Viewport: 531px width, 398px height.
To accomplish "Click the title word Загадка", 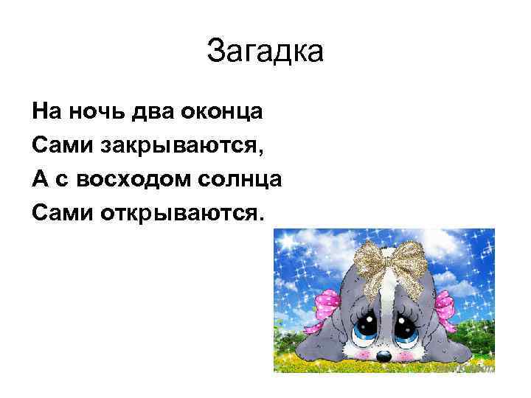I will click(265, 52).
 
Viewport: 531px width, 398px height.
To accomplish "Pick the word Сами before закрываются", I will click(59, 145).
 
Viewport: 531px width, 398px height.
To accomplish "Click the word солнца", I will click(240, 180).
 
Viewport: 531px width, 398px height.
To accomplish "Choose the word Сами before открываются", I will click(59, 214).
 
